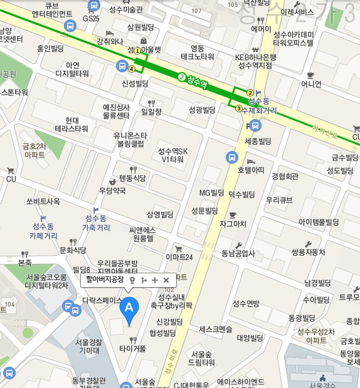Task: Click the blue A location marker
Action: click(x=129, y=308)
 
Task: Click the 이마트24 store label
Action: click(x=179, y=256)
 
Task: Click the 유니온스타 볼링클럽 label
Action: click(x=130, y=139)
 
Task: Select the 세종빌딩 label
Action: click(x=257, y=141)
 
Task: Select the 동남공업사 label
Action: click(x=238, y=253)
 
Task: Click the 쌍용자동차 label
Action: click(x=309, y=252)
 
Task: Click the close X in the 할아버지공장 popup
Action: click(x=166, y=280)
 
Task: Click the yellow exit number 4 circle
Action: click(x=132, y=69)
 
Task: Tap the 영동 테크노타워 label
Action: click(x=198, y=52)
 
